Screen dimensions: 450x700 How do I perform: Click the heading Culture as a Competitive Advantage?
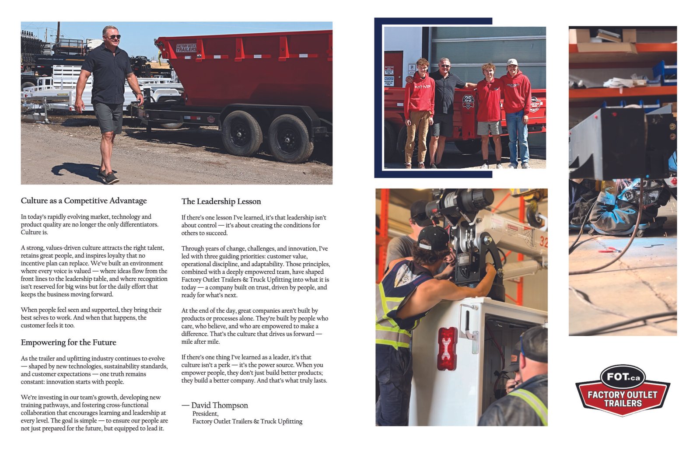coord(84,201)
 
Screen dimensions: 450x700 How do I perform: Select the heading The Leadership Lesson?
coord(221,202)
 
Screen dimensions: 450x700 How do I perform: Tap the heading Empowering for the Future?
coord(68,342)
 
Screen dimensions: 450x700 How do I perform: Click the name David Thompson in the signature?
coord(219,405)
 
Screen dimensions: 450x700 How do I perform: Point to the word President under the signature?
coord(205,414)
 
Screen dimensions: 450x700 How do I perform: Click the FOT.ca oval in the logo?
coord(622,377)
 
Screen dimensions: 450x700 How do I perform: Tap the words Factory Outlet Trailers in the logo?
coord(622,398)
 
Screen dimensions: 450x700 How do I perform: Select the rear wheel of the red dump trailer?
coord(290,138)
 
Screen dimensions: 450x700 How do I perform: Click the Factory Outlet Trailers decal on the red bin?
coord(186,48)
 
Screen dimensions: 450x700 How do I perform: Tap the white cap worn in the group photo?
coord(512,62)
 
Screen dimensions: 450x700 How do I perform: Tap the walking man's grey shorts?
coord(108,117)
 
